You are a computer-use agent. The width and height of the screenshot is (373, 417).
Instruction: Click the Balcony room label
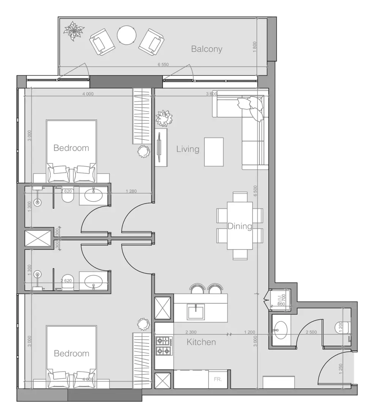pyautogui.click(x=206, y=49)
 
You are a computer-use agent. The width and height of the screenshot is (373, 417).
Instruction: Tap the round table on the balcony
pyautogui.click(x=126, y=35)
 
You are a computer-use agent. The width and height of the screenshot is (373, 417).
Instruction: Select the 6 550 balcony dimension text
pyautogui.click(x=163, y=64)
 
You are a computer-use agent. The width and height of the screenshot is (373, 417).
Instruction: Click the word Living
pyautogui.click(x=187, y=149)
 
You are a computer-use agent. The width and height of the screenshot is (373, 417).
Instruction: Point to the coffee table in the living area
pyautogui.click(x=214, y=152)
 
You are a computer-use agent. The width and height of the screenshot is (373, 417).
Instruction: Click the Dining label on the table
pyautogui.click(x=239, y=226)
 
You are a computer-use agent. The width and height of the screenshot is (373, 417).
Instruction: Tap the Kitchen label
pyautogui.click(x=201, y=342)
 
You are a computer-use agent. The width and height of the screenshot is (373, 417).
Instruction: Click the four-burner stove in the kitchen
pyautogui.click(x=164, y=346)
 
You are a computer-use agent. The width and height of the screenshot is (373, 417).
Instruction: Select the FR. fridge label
pyautogui.click(x=217, y=379)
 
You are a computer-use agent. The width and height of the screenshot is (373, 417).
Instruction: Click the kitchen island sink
pyautogui.click(x=195, y=312)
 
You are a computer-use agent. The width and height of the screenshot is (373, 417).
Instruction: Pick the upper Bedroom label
pyautogui.click(x=71, y=148)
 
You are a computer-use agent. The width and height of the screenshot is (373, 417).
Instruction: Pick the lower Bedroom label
pyautogui.click(x=71, y=353)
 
